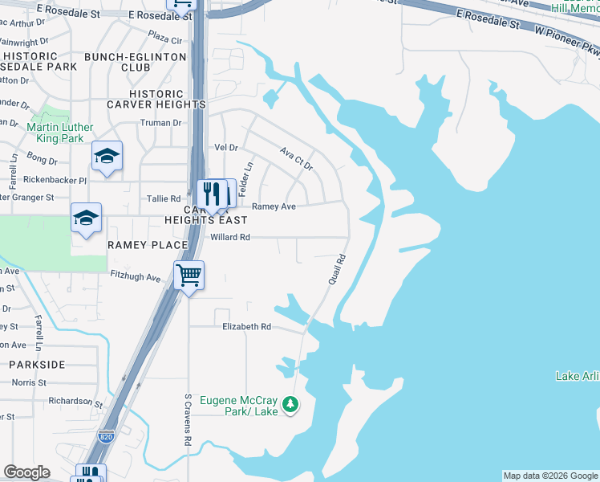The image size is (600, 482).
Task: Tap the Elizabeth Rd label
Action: point(247,327)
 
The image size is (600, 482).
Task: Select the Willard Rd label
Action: point(230,238)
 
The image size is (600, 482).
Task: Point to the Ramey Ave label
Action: point(274,206)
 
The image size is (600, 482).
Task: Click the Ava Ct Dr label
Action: point(295,157)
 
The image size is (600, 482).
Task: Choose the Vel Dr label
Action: point(227,148)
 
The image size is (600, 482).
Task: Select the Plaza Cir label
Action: point(165,39)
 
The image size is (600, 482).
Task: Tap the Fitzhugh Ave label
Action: point(136,278)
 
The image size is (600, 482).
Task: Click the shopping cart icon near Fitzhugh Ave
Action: point(189,276)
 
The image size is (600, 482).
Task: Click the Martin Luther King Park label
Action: point(60,133)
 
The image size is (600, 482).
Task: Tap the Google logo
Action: point(26,472)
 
